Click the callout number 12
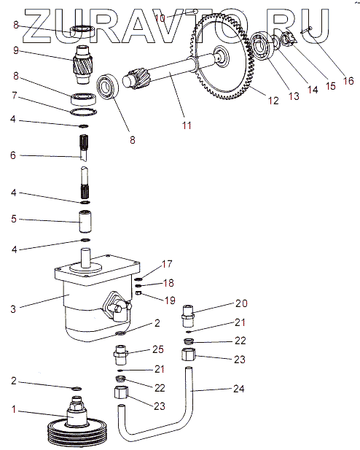pyautogui.click(x=273, y=101)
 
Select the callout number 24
pyautogui.click(x=238, y=389)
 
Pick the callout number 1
pyautogui.click(x=14, y=409)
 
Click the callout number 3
pyautogui.click(x=13, y=309)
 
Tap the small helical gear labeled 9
pyautogui.click(x=83, y=65)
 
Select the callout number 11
pyautogui.click(x=187, y=125)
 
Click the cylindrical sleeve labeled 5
pyautogui.click(x=85, y=221)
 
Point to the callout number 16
pyautogui.click(x=348, y=81)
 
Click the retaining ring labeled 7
pyautogui.click(x=84, y=112)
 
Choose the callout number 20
pyautogui.click(x=241, y=303)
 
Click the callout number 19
pyautogui.click(x=170, y=300)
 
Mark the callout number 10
pyautogui.click(x=160, y=18)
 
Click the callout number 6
pyautogui.click(x=13, y=155)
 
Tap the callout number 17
pyautogui.click(x=167, y=264)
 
